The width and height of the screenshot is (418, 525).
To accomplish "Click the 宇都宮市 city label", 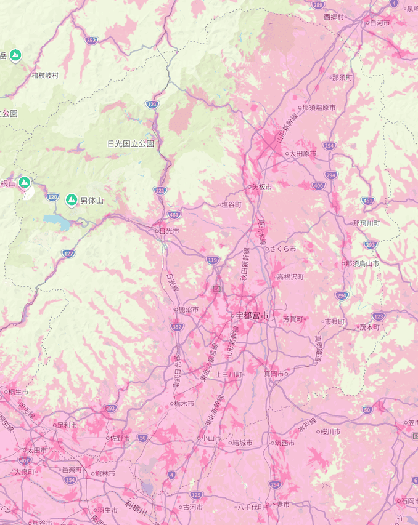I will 252,316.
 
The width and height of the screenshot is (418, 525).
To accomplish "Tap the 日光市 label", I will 168,231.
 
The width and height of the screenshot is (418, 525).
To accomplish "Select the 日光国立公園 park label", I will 130,143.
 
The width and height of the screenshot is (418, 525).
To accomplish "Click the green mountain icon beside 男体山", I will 72,200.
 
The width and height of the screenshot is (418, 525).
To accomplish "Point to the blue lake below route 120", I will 57,222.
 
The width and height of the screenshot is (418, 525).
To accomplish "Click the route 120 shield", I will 52,197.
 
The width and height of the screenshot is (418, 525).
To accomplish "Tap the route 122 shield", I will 68,253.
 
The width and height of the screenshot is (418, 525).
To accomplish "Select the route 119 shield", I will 213,260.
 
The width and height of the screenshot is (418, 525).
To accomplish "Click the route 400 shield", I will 318,185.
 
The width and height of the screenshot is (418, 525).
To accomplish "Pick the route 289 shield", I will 317,5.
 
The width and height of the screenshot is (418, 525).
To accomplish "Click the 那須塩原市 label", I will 319,107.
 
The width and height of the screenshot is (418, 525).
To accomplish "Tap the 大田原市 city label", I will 303,153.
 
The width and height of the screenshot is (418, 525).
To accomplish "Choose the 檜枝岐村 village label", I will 45,75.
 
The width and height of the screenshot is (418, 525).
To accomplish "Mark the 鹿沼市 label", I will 188,309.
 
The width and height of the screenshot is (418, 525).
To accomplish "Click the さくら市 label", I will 284,249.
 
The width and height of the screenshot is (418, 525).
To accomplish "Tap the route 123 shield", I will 378,316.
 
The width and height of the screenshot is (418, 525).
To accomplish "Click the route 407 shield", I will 25,460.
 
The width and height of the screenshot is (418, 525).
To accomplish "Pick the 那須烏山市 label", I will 363,263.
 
